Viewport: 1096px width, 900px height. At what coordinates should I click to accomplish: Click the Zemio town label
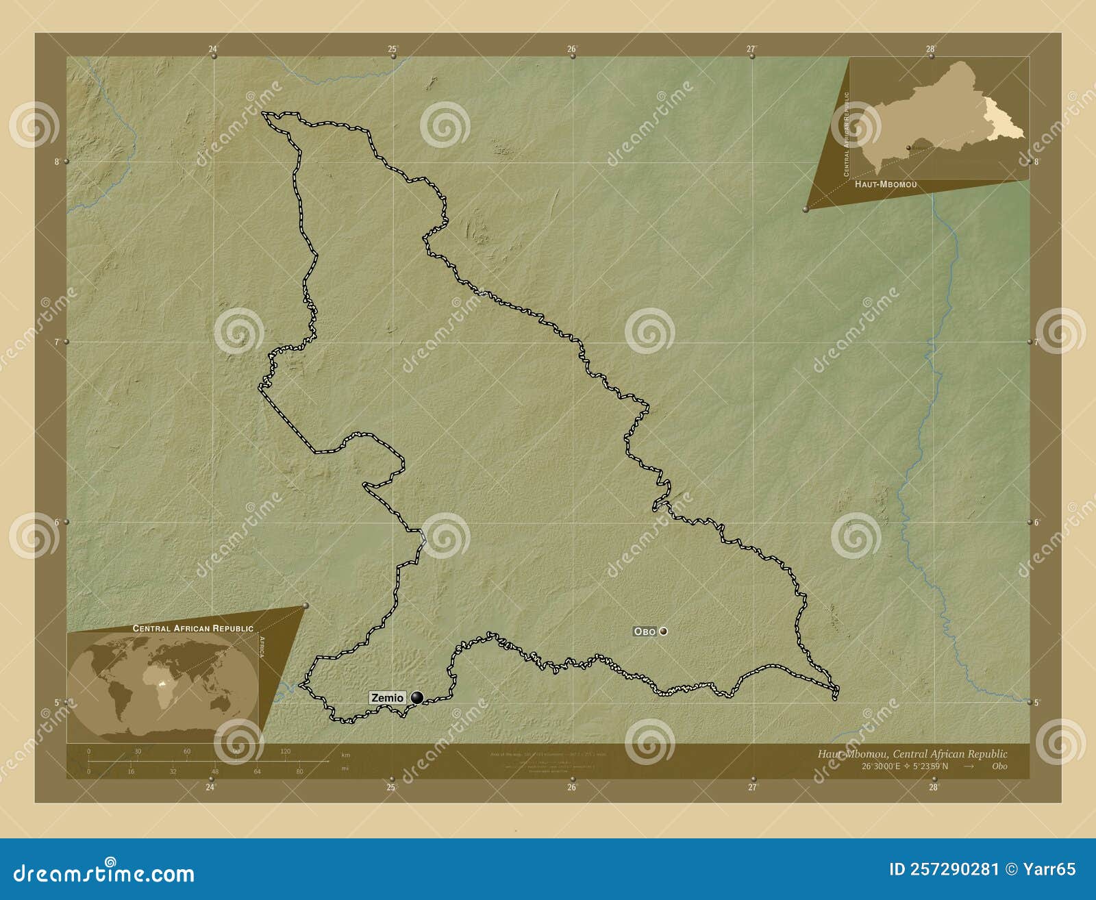(x=388, y=698)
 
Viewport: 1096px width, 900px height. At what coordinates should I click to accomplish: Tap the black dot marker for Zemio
(x=416, y=698)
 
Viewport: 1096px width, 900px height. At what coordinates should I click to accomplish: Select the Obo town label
(x=645, y=632)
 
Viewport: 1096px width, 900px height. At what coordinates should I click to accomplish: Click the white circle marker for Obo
(x=663, y=632)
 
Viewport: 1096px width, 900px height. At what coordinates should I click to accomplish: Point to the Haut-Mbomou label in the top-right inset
(x=886, y=184)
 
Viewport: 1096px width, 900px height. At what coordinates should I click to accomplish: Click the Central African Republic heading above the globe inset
(x=192, y=628)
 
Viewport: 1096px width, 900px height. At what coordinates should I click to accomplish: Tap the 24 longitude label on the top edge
(x=213, y=49)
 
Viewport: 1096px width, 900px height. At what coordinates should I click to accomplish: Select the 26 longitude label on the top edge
(x=571, y=49)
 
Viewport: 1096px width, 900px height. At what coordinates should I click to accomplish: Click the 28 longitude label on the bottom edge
(x=932, y=788)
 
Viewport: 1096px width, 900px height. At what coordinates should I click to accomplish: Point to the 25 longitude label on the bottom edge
(x=390, y=788)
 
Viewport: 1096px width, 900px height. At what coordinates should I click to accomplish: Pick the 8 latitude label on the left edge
(x=56, y=162)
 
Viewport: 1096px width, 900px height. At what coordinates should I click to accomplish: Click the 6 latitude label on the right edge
(x=1036, y=522)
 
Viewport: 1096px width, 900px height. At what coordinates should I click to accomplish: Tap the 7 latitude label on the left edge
(x=56, y=342)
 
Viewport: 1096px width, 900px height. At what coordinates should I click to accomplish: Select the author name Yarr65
(x=1048, y=870)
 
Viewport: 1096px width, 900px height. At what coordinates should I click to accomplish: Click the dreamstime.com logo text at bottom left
(x=104, y=873)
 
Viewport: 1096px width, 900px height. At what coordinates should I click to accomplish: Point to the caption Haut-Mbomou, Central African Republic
(x=912, y=754)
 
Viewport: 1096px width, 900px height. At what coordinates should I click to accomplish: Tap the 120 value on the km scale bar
(x=285, y=751)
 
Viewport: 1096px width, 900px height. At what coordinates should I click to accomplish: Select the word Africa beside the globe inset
(x=261, y=646)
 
